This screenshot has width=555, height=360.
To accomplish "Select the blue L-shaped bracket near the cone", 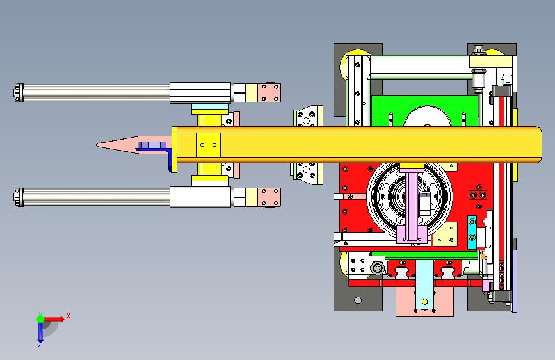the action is [171, 158].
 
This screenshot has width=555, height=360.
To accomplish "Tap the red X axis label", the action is [68, 316].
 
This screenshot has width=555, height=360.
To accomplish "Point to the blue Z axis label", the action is [40, 344].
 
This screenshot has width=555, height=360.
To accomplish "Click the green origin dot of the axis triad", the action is [40, 319].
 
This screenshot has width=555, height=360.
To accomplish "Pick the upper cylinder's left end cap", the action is [19, 93].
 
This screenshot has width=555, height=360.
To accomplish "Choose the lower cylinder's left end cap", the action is [19, 197].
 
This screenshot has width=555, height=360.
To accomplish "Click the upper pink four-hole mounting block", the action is [269, 93].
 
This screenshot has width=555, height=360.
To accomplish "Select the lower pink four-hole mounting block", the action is [269, 197].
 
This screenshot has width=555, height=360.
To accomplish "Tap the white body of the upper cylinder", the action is [200, 93].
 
